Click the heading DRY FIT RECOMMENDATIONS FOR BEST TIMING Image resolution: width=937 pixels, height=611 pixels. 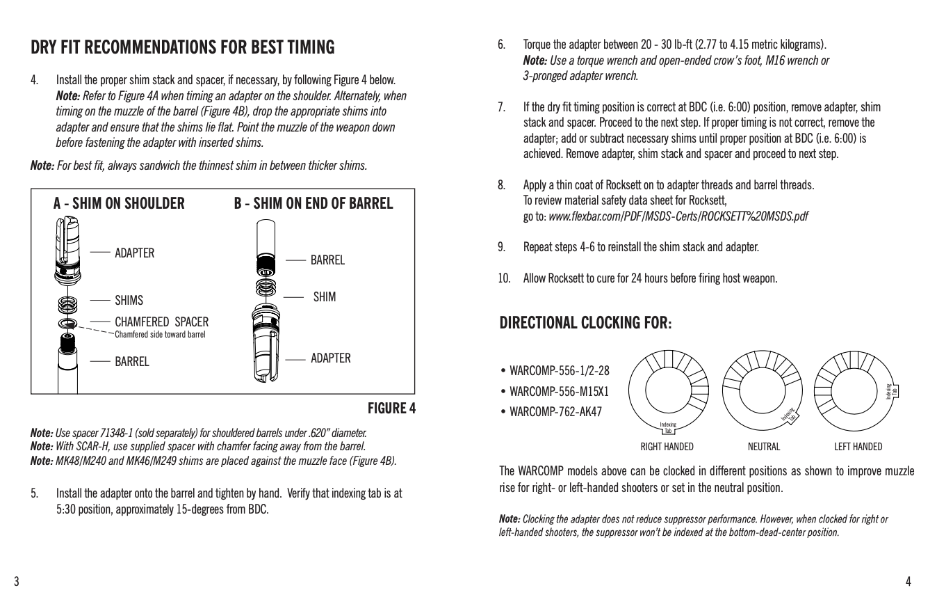click(183, 48)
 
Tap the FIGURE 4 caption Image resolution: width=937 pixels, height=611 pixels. click(391, 408)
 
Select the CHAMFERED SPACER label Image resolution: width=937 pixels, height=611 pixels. click(161, 322)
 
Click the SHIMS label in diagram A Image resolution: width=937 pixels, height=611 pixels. click(129, 301)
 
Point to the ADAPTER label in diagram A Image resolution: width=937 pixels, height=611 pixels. click(135, 253)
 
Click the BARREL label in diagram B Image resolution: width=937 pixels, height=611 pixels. click(327, 260)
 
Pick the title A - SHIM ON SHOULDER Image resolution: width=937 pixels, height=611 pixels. click(119, 203)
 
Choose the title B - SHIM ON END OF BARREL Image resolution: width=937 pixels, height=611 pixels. click(313, 203)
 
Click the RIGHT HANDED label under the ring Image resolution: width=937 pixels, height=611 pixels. click(667, 447)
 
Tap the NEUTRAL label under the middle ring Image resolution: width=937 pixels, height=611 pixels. click(764, 447)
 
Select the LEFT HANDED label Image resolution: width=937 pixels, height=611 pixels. click(858, 447)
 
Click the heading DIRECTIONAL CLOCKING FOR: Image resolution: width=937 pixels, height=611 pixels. click(586, 324)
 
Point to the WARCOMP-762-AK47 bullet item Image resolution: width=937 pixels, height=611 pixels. click(555, 411)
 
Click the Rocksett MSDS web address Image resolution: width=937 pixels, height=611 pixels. click(678, 216)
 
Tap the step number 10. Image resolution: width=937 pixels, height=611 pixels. click(504, 279)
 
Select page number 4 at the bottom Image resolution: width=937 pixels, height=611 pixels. click(908, 581)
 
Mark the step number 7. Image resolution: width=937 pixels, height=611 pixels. click(501, 107)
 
